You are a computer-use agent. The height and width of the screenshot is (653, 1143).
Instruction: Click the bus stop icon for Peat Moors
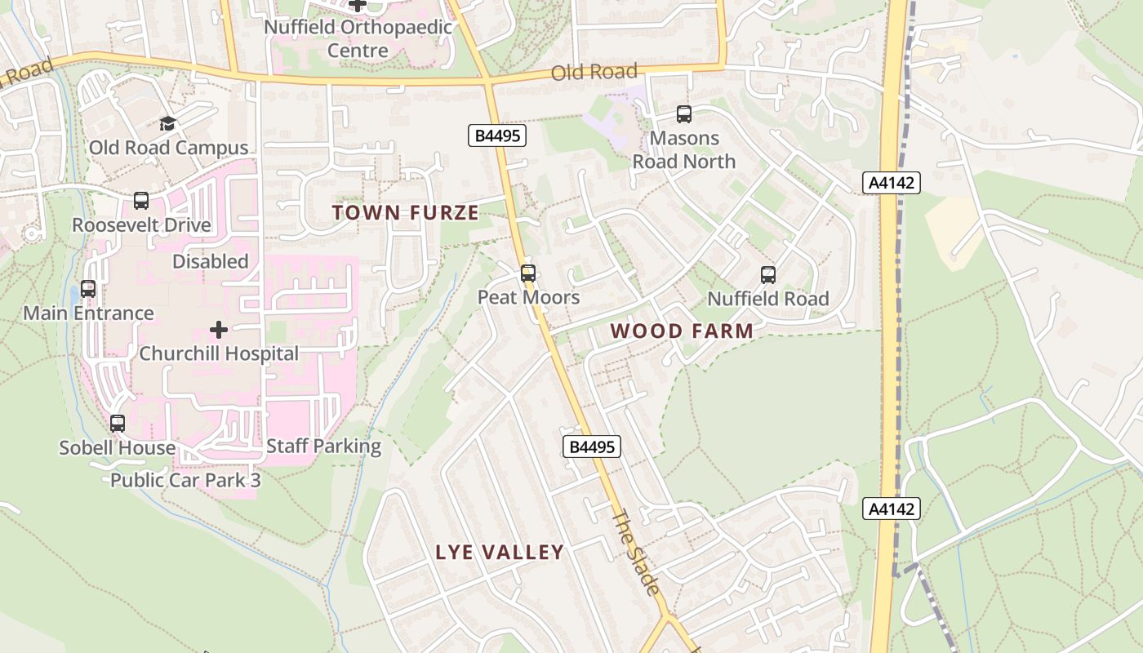[528, 273]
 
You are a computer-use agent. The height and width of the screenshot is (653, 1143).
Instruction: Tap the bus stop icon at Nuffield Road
[768, 275]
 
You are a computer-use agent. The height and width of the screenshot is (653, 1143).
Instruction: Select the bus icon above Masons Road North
[684, 115]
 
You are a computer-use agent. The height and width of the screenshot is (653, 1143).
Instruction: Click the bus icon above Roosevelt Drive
[141, 201]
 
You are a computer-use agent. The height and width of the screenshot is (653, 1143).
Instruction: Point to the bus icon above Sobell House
[118, 424]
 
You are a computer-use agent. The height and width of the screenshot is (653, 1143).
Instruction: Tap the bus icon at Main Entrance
[88, 289]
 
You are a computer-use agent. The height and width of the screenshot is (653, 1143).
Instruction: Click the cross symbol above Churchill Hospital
[219, 330]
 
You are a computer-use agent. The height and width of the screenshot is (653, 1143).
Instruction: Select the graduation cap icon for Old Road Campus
[167, 124]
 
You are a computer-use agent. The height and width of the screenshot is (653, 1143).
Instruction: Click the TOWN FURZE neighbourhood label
[405, 213]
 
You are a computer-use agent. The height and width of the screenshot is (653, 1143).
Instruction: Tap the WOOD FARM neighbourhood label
[682, 331]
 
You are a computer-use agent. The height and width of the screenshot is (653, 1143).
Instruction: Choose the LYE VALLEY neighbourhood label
[500, 553]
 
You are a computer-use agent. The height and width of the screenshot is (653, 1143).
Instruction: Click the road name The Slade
[635, 553]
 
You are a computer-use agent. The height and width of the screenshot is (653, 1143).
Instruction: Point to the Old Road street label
[594, 73]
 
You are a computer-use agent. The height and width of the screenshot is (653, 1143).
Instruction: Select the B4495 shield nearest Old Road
[496, 135]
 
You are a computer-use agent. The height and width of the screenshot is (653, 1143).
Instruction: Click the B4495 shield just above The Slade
[592, 446]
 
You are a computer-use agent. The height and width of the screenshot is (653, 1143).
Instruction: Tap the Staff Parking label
[323, 446]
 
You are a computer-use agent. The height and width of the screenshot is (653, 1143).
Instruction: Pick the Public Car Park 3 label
[185, 480]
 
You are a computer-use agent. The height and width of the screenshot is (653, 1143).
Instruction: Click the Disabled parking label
[211, 261]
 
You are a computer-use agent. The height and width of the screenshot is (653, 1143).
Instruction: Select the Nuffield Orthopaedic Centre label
[358, 38]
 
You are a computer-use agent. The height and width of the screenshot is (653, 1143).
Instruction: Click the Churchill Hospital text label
[219, 353]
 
